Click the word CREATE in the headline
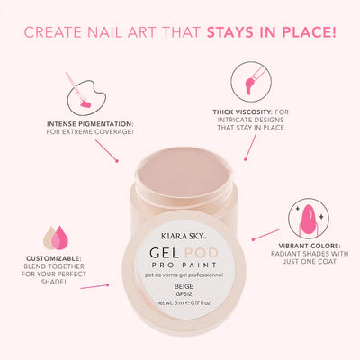click(53, 32)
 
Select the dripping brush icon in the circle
click(251, 82)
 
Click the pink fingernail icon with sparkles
click(309, 219)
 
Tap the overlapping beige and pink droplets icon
click(56, 238)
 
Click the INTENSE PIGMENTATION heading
click(90, 124)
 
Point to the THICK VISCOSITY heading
click(242, 112)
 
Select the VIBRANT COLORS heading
click(310, 246)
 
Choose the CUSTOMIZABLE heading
click(54, 258)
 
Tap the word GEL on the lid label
click(165, 253)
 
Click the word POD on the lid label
click(202, 253)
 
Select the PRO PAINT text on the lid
click(184, 265)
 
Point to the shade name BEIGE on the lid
click(184, 287)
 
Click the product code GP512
click(184, 294)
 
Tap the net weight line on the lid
click(184, 303)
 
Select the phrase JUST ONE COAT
click(310, 262)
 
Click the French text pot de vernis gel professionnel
click(184, 274)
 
